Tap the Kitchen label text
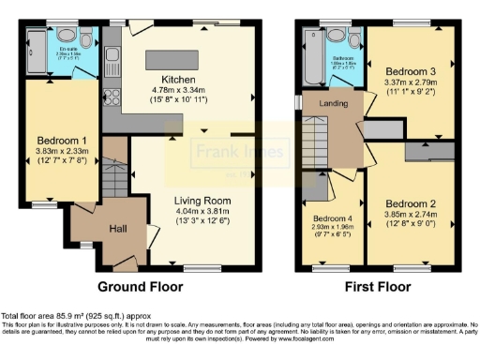[178, 79]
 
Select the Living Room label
[202, 200]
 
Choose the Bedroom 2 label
[410, 203]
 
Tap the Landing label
[333, 103]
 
